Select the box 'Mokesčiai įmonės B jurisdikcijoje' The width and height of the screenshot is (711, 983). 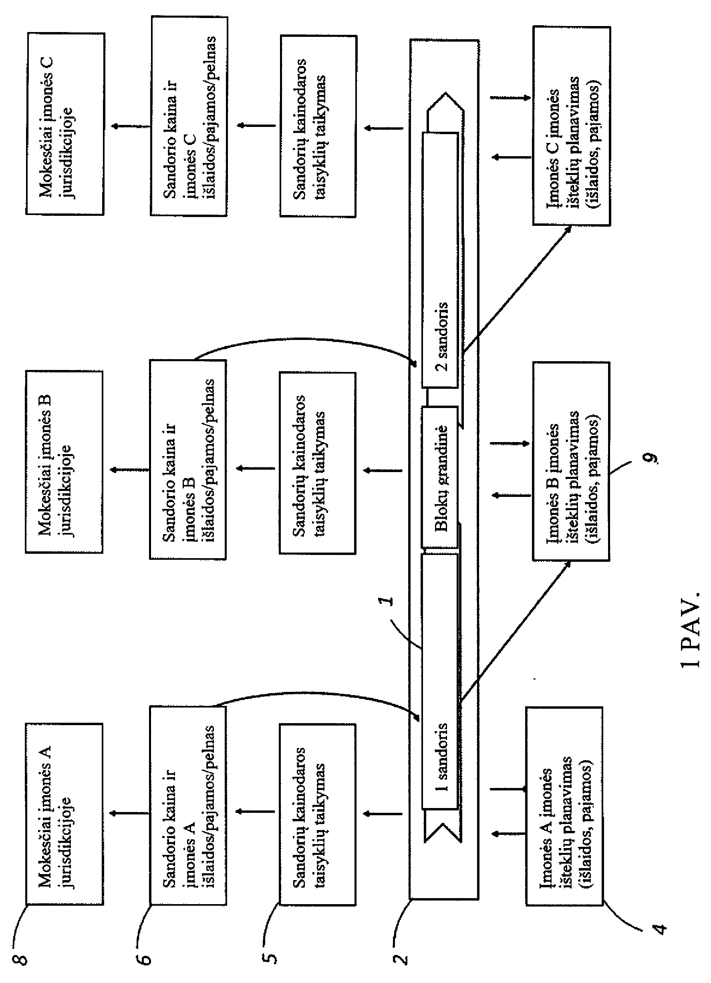point(64,462)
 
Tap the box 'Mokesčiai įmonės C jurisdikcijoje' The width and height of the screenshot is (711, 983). point(65,123)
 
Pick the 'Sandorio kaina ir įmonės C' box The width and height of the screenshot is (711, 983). point(189,116)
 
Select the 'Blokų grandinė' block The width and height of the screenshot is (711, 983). point(440,477)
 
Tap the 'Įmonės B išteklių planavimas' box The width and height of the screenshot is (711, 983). point(571,462)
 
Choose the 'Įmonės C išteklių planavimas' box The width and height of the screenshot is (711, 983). point(571,126)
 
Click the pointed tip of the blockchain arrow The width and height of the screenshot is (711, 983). point(445,93)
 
